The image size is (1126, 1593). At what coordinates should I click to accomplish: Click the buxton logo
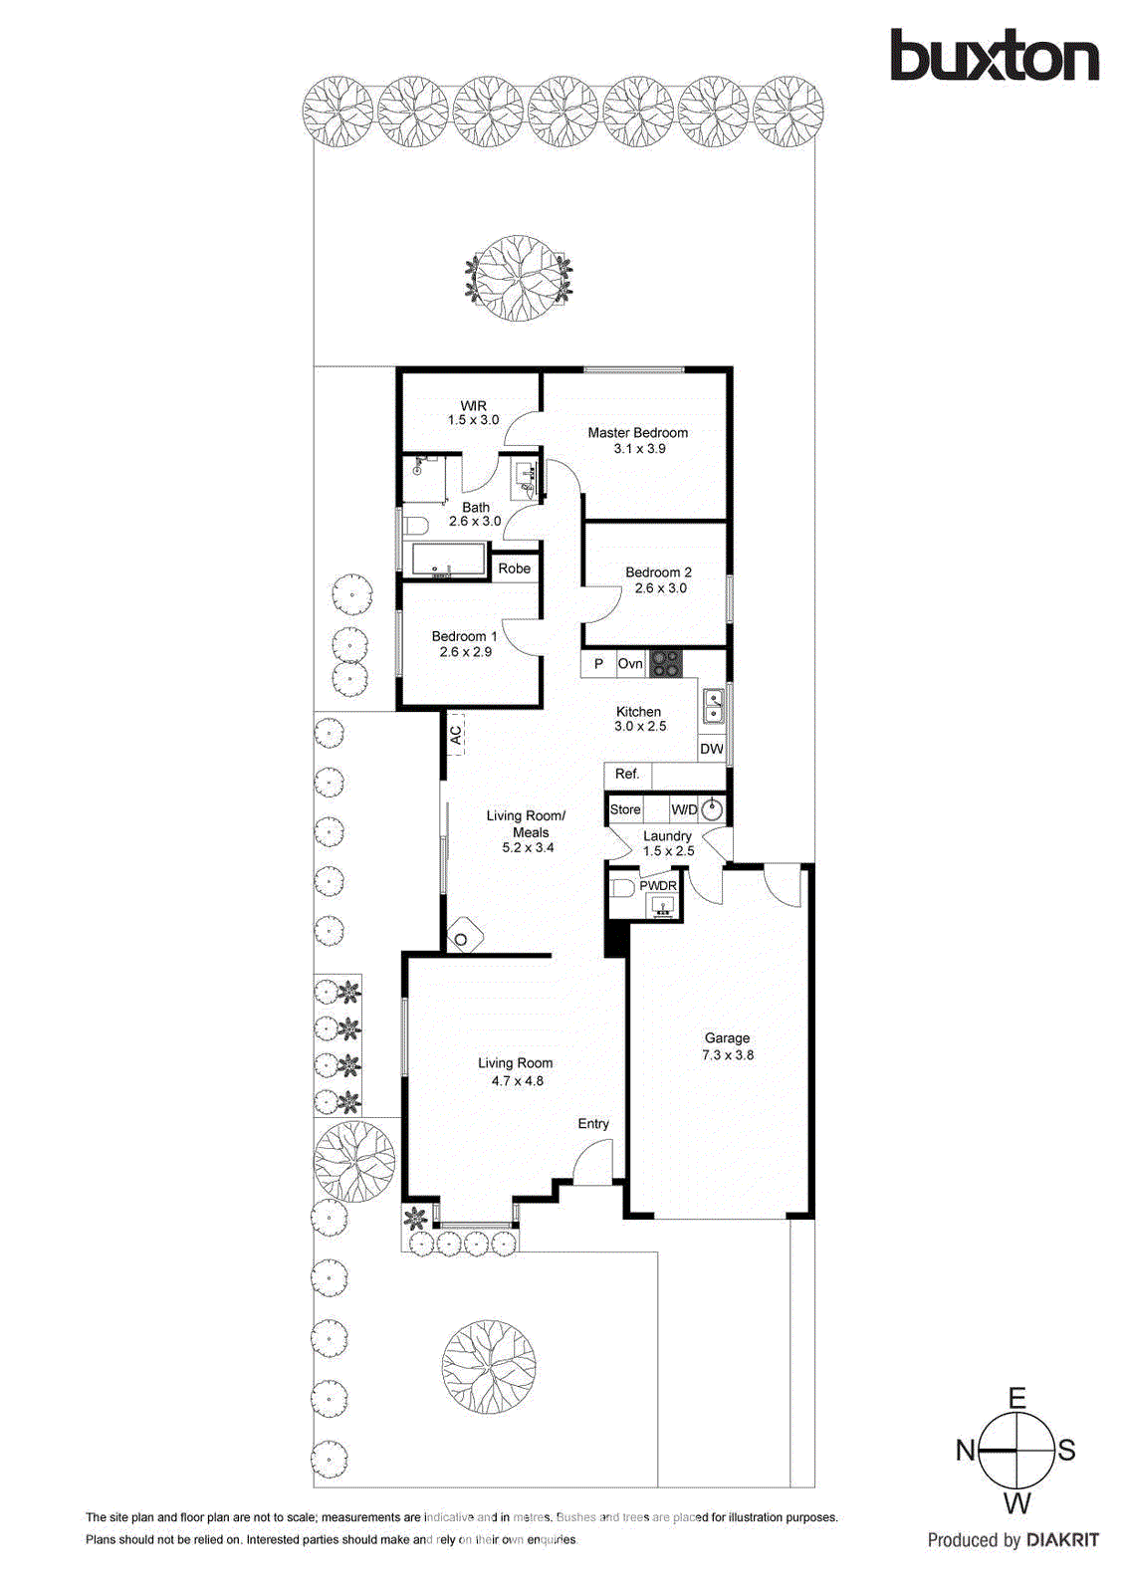click(x=994, y=56)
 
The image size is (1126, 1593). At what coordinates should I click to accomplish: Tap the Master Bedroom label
click(x=637, y=433)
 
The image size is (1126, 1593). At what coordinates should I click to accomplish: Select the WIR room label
click(x=474, y=405)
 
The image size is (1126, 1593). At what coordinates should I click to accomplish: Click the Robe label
click(x=514, y=569)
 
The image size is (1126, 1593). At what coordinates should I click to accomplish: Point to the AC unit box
click(x=455, y=735)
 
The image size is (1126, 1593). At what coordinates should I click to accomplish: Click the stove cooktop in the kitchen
click(x=666, y=663)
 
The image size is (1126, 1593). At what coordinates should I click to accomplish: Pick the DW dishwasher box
click(x=712, y=749)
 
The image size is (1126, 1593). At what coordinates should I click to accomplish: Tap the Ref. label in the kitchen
click(x=627, y=774)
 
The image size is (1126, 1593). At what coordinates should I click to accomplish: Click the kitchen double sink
click(x=714, y=706)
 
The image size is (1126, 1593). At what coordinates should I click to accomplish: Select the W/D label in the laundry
click(x=684, y=809)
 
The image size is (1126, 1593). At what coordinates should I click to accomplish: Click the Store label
click(x=625, y=809)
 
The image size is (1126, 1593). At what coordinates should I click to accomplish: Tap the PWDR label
click(x=658, y=885)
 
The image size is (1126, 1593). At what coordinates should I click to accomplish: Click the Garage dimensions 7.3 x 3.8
click(x=728, y=1055)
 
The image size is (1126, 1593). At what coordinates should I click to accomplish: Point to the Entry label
click(x=593, y=1123)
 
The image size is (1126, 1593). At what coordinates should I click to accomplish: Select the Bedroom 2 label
click(x=658, y=572)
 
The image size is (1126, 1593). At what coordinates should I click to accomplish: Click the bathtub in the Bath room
click(x=449, y=560)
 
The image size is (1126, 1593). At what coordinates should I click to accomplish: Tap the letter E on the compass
click(x=1016, y=1398)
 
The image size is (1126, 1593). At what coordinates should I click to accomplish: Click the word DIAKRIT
click(x=1062, y=1540)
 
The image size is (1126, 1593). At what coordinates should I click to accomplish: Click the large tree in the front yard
click(x=489, y=1367)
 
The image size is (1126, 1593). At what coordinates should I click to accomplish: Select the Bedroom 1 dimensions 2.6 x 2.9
click(x=466, y=652)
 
